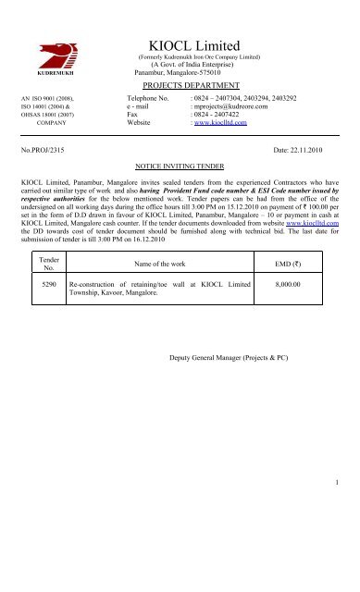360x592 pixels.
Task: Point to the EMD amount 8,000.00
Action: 292,288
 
